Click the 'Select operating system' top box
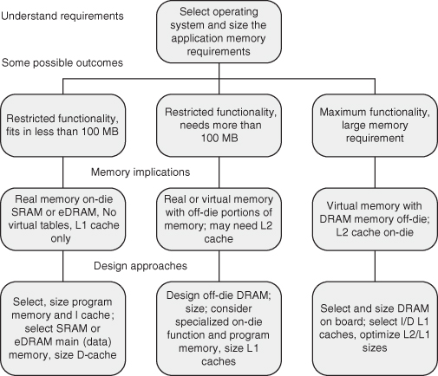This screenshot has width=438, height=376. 219,32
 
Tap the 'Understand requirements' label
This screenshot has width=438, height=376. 62,16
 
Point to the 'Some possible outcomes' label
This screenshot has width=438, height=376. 62,62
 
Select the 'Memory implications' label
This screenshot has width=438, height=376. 141,172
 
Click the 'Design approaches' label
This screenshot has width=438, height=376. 141,266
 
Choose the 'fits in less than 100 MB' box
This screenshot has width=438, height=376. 62,126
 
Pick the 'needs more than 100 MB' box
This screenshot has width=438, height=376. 219,126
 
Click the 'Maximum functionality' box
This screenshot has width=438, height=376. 375,126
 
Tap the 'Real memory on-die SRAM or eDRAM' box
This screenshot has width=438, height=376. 62,219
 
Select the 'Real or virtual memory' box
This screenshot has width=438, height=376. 219,219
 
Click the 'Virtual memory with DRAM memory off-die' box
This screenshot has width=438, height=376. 375,219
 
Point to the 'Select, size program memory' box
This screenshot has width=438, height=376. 62,328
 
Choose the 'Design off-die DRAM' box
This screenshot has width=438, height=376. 219,328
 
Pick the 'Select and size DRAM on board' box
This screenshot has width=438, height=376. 375,328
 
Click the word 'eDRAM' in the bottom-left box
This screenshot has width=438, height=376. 30,341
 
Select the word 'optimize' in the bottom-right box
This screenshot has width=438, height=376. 379,335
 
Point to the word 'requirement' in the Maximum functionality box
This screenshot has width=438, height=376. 375,139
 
